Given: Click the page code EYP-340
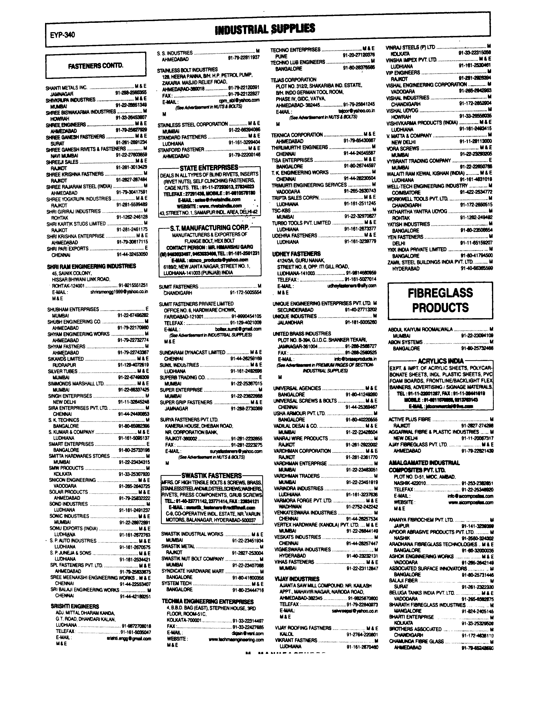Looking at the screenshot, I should (x=63, y=35).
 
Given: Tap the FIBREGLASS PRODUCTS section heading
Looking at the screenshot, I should (x=440, y=300).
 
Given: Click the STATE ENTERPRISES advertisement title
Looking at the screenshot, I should (x=209, y=168).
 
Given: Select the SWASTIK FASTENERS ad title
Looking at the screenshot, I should (x=211, y=475).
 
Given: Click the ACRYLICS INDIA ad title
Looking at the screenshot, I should (x=441, y=361).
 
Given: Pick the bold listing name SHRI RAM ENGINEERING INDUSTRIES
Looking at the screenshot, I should (x=91, y=266).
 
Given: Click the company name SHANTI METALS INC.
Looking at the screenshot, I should (x=66, y=88).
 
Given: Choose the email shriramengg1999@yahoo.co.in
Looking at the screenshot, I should (x=119, y=292).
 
